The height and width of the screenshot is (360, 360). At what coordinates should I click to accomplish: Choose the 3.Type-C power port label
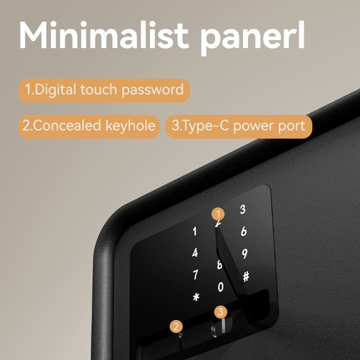[x=238, y=125]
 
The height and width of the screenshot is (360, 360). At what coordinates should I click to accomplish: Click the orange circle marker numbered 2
[x=175, y=327]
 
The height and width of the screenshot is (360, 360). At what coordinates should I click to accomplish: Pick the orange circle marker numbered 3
[x=221, y=311]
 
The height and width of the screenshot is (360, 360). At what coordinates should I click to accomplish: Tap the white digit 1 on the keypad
[x=194, y=231]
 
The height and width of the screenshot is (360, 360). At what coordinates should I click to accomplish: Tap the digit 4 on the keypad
[x=195, y=252]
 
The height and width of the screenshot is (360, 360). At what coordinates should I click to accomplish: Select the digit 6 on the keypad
[x=243, y=231]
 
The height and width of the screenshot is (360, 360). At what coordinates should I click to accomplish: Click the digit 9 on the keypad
[x=244, y=254]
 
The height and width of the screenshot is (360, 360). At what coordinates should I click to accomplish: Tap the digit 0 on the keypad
[x=220, y=287]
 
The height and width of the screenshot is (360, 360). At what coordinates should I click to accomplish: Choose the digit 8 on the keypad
[x=219, y=265]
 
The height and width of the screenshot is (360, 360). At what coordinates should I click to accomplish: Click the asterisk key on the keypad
[x=196, y=297]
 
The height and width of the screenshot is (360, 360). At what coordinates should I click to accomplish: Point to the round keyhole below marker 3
[x=218, y=327]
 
